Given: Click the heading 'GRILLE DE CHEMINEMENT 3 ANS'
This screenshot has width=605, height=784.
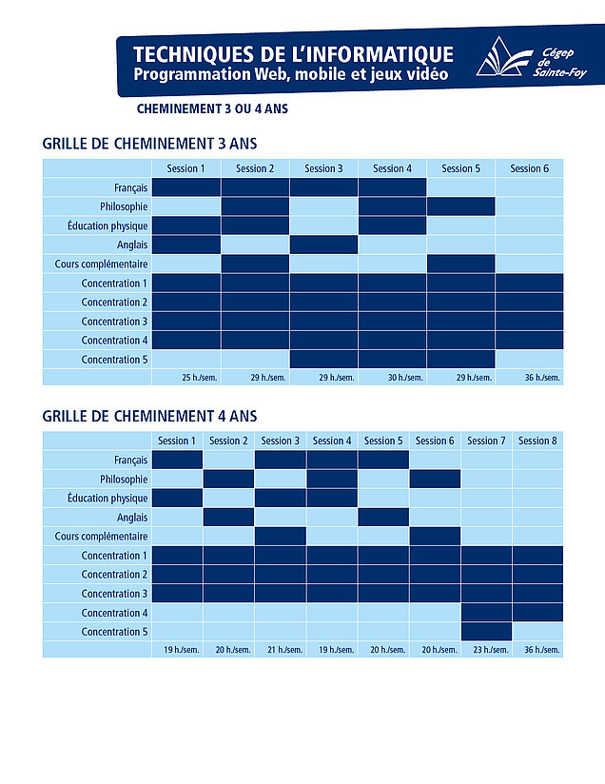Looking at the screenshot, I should click(150, 144).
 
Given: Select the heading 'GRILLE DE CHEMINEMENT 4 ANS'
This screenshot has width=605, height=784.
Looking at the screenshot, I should click(150, 416).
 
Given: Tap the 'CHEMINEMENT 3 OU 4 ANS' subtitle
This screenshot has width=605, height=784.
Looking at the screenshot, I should click(212, 108).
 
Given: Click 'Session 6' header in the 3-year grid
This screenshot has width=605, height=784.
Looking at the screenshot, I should click(530, 168).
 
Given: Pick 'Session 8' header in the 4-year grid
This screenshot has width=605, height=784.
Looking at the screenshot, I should click(538, 441).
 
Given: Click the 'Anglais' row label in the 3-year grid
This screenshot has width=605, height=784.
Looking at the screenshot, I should click(130, 245).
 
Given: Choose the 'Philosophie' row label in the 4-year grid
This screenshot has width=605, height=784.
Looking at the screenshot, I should click(124, 480).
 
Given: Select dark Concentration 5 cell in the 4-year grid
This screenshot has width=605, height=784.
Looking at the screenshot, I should click(486, 632).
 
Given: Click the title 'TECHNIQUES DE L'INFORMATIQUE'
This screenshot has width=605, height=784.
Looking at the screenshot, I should click(293, 53).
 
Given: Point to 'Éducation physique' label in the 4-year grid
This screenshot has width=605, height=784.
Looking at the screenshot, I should click(107, 499).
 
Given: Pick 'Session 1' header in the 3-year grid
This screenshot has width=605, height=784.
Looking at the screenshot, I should click(185, 168).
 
